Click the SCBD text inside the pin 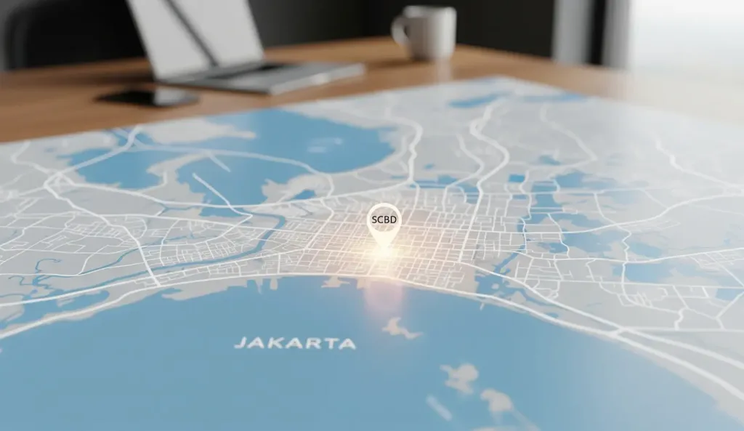pyautogui.click(x=384, y=218)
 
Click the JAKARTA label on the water pyautogui.click(x=295, y=343)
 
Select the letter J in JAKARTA pyautogui.click(x=240, y=343)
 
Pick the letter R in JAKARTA pyautogui.click(x=314, y=343)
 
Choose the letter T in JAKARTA pyautogui.click(x=331, y=343)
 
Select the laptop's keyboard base pyautogui.click(x=276, y=76)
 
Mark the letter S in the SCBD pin pyautogui.click(x=374, y=218)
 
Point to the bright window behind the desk pyautogui.click(x=683, y=36)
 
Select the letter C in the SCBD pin pyautogui.click(x=381, y=218)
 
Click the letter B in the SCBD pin pyautogui.click(x=387, y=218)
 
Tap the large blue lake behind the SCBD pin pyautogui.click(x=291, y=145)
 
